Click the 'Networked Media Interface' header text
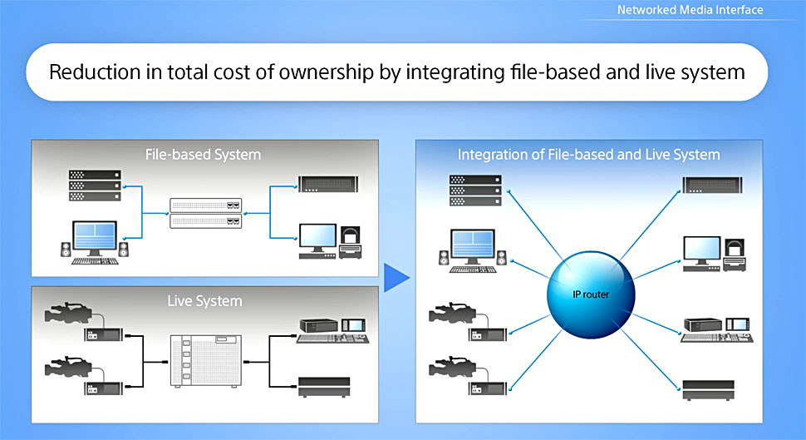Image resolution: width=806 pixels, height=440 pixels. (690, 10)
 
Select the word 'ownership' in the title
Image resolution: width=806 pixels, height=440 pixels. (333, 72)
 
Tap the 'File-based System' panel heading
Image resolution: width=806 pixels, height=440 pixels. (204, 155)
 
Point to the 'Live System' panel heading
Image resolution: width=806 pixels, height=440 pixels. (204, 300)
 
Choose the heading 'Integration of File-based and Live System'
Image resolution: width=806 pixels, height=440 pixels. (588, 155)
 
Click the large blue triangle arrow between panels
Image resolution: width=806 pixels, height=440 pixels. (396, 279)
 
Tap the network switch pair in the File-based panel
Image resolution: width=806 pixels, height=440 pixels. (205, 213)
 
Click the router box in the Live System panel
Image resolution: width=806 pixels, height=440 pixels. (204, 359)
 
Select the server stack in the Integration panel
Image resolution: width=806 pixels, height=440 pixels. (474, 190)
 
